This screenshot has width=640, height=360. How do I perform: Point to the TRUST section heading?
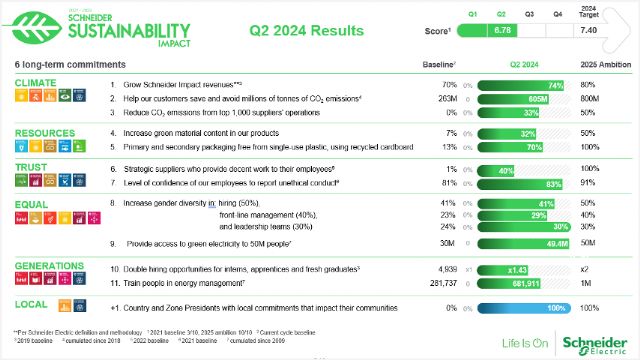32,167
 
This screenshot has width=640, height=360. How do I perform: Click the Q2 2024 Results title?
306,31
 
